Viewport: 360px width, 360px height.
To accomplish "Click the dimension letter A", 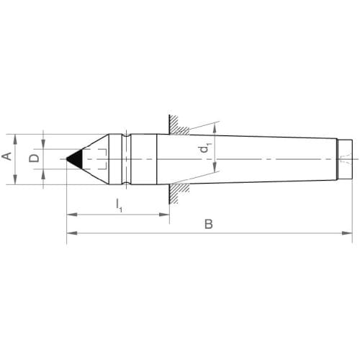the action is [x=6, y=156].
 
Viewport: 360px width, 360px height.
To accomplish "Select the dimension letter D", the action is [x=34, y=158].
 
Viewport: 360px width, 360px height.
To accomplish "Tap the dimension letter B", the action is [x=209, y=224].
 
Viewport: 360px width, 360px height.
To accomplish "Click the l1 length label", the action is [x=120, y=206].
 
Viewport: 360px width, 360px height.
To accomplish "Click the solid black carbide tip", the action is [x=76, y=159].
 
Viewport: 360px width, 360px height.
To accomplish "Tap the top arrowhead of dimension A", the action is [x=15, y=140].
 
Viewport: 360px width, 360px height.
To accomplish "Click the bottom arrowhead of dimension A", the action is [x=15, y=179].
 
